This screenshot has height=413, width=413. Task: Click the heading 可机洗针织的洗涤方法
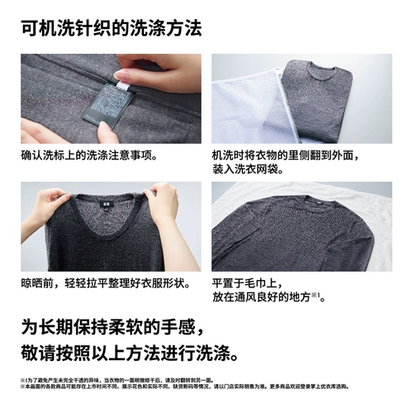pyautogui.click(x=110, y=28)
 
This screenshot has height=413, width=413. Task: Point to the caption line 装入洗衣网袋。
pyautogui.click(x=258, y=169)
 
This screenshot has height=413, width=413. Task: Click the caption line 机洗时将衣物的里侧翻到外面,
pyautogui.click(x=300, y=154)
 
